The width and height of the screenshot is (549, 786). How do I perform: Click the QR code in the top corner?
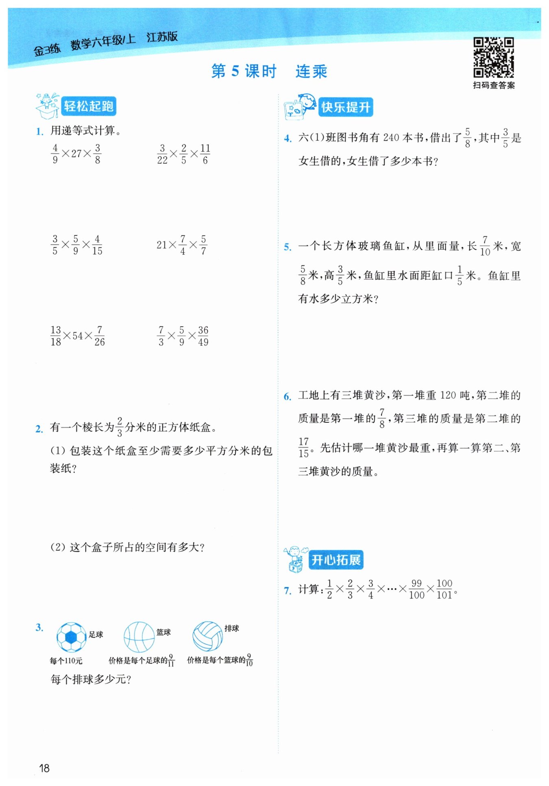[x=493, y=57]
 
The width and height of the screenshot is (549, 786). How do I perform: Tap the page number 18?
[x=44, y=768]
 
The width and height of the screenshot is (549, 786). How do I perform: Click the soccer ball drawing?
[x=71, y=637]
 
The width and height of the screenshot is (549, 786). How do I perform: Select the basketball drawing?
[x=139, y=637]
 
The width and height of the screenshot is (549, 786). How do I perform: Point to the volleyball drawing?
[x=207, y=636]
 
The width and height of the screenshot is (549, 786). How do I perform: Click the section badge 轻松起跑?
[x=88, y=107]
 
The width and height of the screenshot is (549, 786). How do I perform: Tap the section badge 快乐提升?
[x=345, y=107]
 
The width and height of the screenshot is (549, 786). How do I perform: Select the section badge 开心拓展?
[x=335, y=560]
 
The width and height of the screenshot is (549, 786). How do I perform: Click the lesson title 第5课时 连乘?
[x=269, y=71]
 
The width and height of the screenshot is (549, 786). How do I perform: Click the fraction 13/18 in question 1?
[x=56, y=336]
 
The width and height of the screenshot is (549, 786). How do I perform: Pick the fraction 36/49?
[x=203, y=336]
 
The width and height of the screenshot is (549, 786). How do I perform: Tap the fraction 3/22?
[x=162, y=154]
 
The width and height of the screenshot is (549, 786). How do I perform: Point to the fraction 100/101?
[x=444, y=589]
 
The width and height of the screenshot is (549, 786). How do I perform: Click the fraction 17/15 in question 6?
[x=303, y=448]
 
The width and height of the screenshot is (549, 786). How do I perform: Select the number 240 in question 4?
[x=391, y=138]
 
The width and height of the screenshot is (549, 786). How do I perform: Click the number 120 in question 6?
[x=448, y=395]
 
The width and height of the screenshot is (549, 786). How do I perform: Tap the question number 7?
[x=288, y=590]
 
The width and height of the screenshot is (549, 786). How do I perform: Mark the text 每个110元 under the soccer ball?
[x=66, y=661]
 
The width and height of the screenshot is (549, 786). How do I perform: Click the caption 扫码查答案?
[x=494, y=85]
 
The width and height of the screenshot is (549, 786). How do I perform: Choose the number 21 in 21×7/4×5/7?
[x=161, y=245]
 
